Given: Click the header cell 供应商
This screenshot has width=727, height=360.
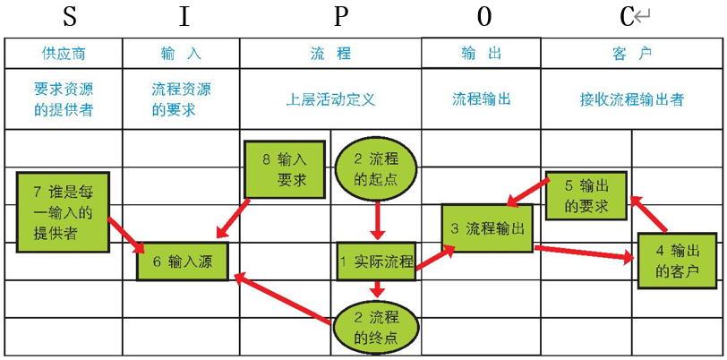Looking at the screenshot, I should click(64, 54).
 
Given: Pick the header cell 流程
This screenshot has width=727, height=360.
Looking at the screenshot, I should click(330, 54).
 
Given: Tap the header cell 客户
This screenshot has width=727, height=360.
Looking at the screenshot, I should click(632, 54).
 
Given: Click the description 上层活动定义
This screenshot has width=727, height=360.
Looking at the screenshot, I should click(330, 99).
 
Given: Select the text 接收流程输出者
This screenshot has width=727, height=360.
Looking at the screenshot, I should click(632, 99).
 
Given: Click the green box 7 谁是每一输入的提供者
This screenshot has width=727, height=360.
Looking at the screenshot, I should click(63, 212).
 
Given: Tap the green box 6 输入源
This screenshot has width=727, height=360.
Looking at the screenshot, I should click(183, 261).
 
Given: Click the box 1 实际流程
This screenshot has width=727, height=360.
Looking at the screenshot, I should click(377, 261).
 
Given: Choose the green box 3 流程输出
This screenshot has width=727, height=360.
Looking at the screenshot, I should click(487, 229).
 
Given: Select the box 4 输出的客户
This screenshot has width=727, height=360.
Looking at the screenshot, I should click(677, 260).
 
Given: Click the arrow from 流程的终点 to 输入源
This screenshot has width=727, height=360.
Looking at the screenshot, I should click(283, 298).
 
